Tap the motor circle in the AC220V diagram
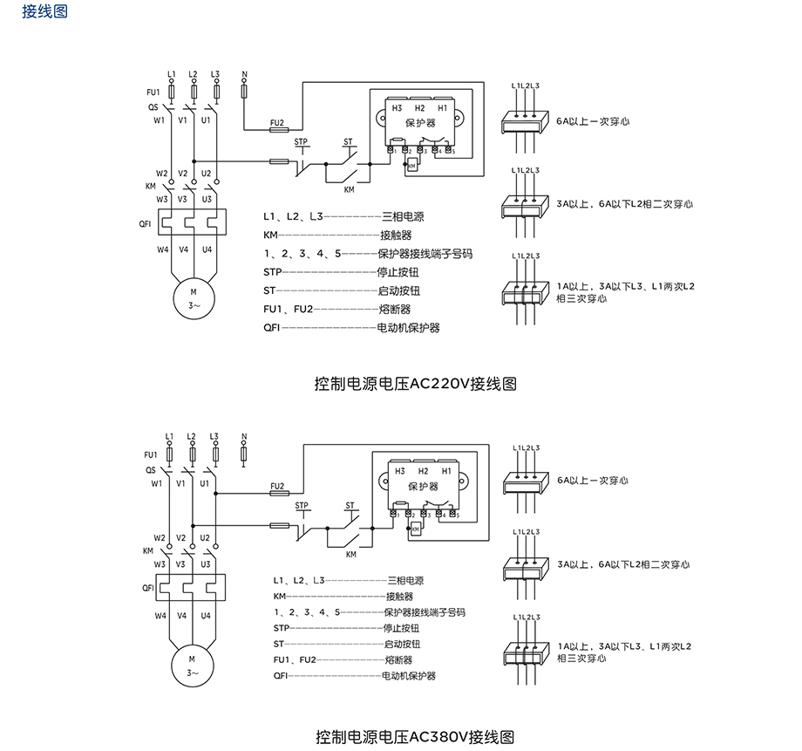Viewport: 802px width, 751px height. coord(193,297)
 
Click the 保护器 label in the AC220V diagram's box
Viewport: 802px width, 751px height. coord(420,124)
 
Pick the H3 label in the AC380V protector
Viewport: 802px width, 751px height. coord(400,471)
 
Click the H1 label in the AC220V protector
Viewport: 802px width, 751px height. coord(443,107)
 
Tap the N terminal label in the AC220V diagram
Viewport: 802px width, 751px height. coord(244,74)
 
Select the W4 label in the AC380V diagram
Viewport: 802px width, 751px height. coord(161,616)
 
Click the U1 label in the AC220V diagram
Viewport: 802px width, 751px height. coord(206,119)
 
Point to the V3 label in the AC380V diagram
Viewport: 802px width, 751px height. coord(184,564)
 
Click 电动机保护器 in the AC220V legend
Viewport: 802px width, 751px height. coord(408,329)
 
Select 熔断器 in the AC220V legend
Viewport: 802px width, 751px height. coord(395,310)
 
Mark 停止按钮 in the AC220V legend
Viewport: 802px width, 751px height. coord(395,272)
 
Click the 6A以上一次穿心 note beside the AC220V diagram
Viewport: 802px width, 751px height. coord(593,122)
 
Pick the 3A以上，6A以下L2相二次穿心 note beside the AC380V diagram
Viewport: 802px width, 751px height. coord(623,565)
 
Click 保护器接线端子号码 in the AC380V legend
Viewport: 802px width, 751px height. coord(425,612)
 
